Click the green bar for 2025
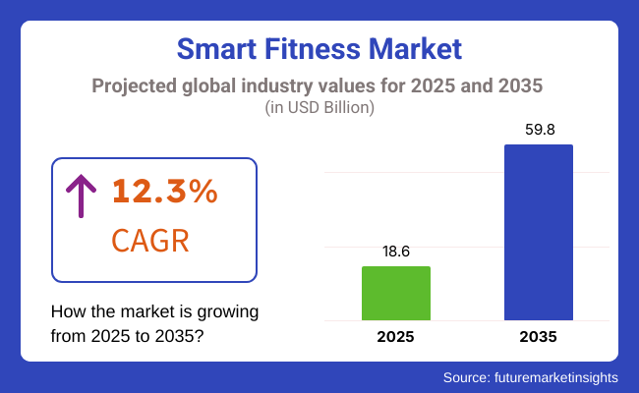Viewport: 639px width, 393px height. pos(396,293)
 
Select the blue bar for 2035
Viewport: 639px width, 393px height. pos(539,232)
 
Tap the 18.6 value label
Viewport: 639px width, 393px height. pos(396,252)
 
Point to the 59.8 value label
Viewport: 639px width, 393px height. pos(539,130)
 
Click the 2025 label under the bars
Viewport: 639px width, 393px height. pos(396,337)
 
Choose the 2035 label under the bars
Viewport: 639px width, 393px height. pos(539,337)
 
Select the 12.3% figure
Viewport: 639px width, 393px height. pos(164,193)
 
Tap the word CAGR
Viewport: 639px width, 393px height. pos(150,241)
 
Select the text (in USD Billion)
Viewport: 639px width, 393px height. pos(319,108)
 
